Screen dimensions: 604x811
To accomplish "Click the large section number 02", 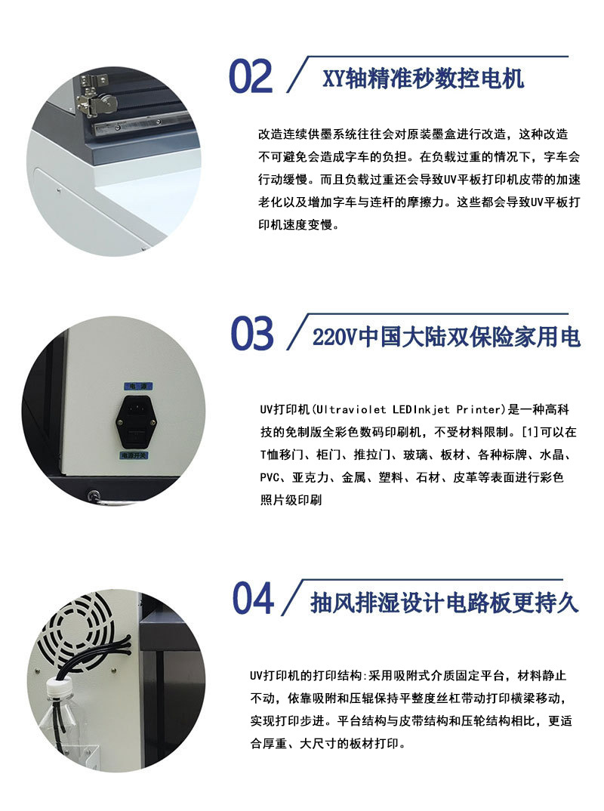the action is [251, 76].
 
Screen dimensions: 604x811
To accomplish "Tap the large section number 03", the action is [252, 333].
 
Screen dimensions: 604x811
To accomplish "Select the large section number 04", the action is [253, 598].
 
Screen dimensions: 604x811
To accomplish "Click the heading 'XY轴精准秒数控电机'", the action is [424, 79].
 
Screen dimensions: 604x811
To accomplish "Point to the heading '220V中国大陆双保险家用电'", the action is [446, 338].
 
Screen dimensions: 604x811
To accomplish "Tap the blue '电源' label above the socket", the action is [138, 387].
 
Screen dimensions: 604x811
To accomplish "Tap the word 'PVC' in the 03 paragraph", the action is [270, 477].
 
